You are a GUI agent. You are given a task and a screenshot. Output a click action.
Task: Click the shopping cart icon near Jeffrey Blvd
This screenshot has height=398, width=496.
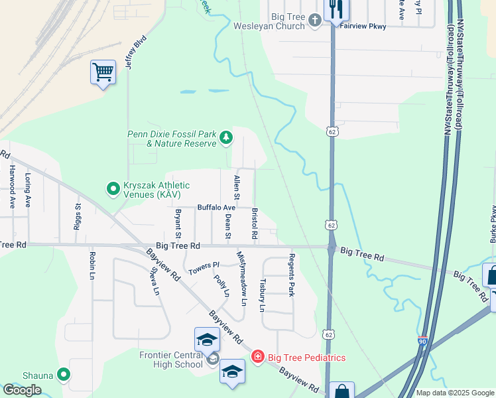103,72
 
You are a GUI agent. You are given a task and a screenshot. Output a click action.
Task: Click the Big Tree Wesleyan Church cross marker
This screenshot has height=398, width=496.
314,21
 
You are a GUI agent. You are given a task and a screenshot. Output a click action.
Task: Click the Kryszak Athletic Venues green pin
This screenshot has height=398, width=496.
113,190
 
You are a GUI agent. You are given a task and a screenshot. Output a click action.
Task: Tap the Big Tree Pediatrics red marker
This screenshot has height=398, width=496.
257,358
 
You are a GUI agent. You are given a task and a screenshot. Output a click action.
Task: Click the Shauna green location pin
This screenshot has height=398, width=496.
64,375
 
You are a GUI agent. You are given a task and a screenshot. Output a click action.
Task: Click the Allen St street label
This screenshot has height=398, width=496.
236,188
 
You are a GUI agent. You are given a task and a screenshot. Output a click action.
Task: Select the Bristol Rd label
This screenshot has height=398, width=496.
254,226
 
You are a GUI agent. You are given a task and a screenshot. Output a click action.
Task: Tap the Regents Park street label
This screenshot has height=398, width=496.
290,275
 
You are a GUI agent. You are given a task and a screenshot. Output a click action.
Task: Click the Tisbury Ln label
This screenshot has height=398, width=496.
262,295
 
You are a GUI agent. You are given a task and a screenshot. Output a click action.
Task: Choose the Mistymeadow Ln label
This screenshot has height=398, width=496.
243,279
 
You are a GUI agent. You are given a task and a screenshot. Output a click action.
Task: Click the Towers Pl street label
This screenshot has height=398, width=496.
204,268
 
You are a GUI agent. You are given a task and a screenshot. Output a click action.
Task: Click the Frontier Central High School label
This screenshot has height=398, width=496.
171,360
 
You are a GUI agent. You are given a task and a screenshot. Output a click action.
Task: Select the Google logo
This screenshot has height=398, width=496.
22,390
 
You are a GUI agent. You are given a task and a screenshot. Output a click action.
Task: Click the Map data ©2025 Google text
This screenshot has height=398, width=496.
454,393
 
